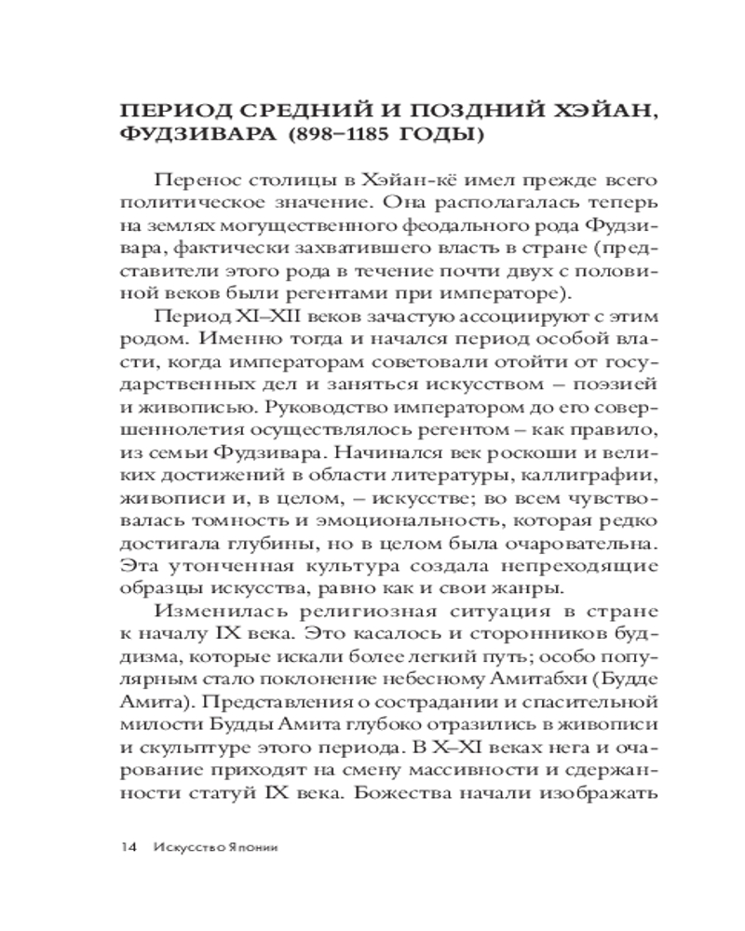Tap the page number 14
(127, 847)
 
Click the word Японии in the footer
(249, 847)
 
